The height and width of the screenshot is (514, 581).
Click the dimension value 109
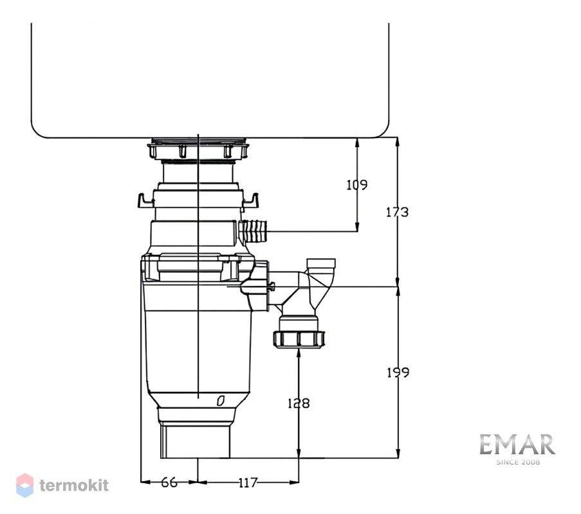tap(357, 184)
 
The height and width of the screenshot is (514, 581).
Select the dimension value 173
tap(397, 212)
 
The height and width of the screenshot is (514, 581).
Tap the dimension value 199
tap(398, 372)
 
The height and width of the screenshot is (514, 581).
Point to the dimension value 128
tap(299, 403)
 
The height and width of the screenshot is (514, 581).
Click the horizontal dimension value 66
tap(169, 483)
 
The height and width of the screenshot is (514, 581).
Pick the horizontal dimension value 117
tap(248, 483)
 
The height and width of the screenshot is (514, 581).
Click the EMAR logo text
tap(517, 445)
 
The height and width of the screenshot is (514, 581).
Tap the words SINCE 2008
tap(518, 462)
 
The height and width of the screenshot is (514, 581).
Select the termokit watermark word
tap(74, 485)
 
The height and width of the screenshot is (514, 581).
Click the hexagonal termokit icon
tap(25, 485)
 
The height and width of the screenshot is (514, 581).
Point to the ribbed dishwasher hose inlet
tap(254, 231)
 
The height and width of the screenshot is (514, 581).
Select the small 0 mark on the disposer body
tap(221, 401)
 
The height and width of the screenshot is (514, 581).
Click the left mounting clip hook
tap(146, 201)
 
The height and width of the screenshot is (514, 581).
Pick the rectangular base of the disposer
tap(195, 441)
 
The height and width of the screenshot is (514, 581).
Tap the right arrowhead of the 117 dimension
tap(294, 482)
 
